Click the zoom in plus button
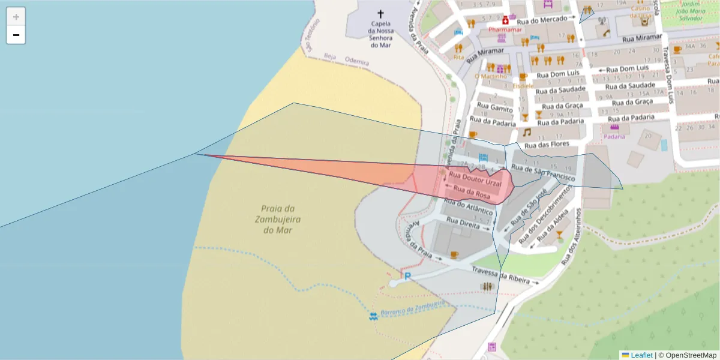[x=16, y=17]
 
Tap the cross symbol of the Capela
[x=380, y=14]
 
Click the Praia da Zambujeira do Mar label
[x=277, y=219]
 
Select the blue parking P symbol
[x=407, y=277]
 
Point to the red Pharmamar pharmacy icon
[x=505, y=20]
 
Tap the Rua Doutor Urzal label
[x=475, y=179]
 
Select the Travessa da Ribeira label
[x=500, y=275]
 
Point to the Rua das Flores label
[x=546, y=145]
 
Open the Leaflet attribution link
[x=641, y=355]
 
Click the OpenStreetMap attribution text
[x=688, y=355]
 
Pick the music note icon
[x=526, y=132]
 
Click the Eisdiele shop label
[x=523, y=86]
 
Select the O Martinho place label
[x=490, y=76]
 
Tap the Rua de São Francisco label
[x=544, y=173]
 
